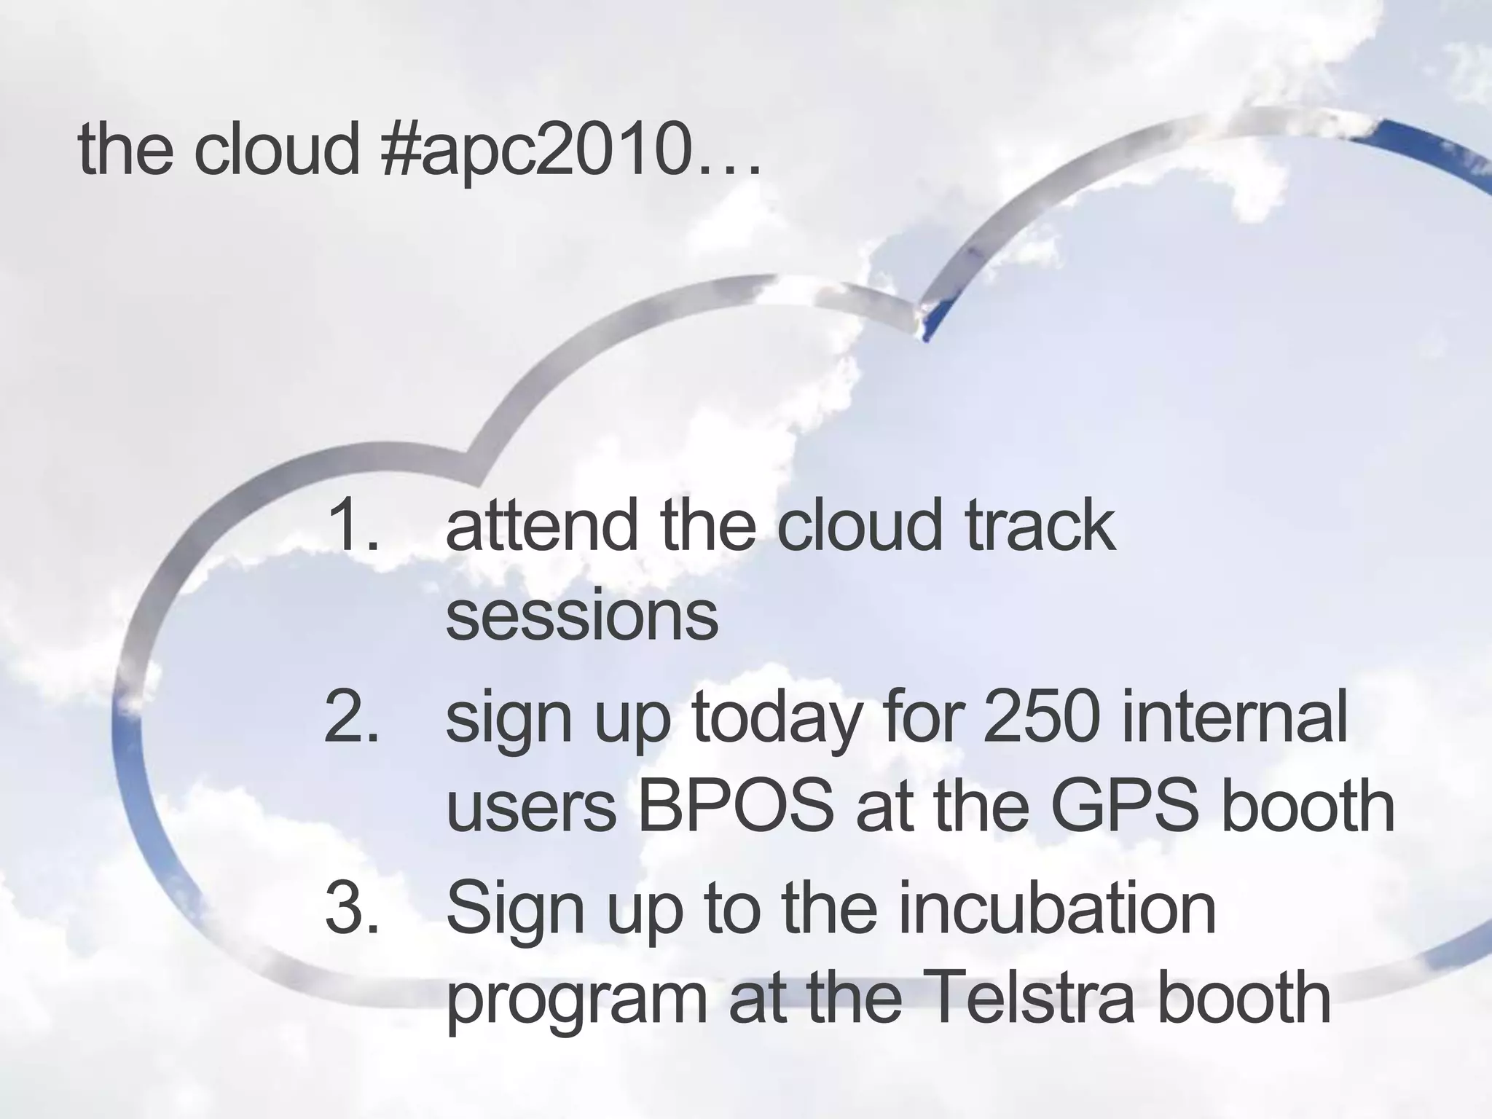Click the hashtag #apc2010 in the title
[x=535, y=149]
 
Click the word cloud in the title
[x=276, y=149]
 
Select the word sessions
[x=581, y=616]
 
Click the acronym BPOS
[x=736, y=807]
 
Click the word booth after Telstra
[x=1243, y=998]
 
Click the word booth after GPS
[x=1307, y=807]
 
